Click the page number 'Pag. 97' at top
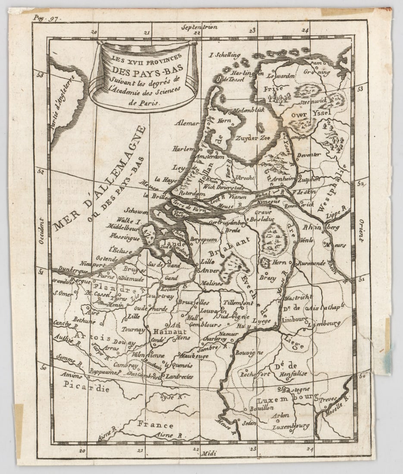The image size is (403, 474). [46, 18]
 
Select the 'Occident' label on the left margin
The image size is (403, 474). [41, 231]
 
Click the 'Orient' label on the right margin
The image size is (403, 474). [361, 231]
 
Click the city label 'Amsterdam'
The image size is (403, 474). [210, 157]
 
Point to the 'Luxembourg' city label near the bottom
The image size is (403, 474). [291, 427]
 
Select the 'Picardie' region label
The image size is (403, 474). [86, 386]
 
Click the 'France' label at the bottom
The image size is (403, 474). [155, 424]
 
